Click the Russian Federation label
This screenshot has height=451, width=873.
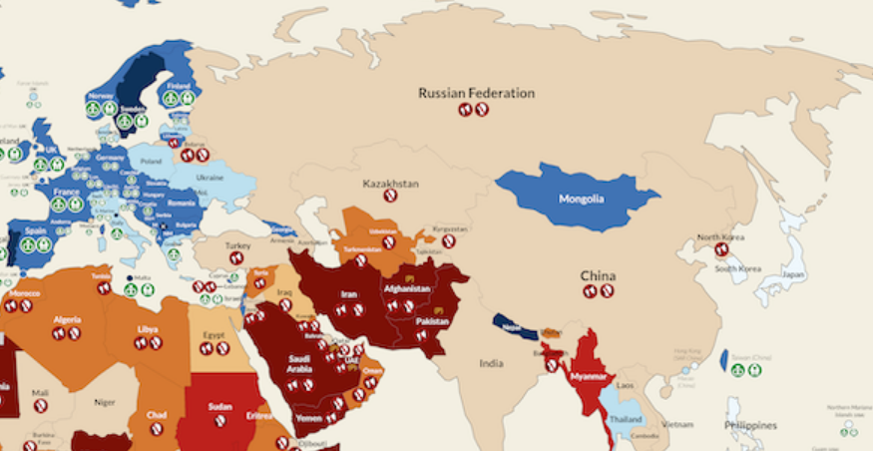tap(476, 93)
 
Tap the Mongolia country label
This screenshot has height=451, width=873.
tap(581, 199)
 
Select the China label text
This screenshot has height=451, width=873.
tap(598, 275)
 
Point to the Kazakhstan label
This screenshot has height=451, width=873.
tap(390, 184)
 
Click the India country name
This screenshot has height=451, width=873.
tap(491, 363)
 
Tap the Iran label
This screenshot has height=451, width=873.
tap(349, 295)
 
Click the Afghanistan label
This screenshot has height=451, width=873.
tap(407, 289)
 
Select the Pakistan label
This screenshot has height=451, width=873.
tap(433, 322)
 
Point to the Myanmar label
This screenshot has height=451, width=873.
tap(590, 377)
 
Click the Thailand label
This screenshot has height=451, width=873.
tap(627, 419)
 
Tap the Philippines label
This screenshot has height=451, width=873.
tap(750, 425)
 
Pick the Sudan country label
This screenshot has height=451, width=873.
tap(220, 407)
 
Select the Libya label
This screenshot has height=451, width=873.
tap(148, 328)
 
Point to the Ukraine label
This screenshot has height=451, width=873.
tap(210, 178)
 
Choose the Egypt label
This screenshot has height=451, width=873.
tap(216, 335)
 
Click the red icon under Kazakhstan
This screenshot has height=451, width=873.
tap(390, 197)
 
